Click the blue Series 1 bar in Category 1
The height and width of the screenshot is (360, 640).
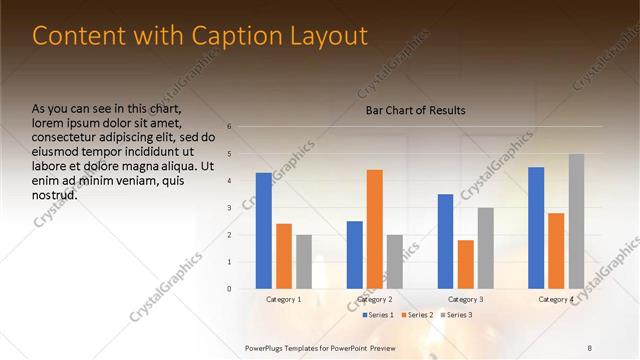click(x=263, y=231)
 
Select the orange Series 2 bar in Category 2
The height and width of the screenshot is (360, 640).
click(x=375, y=229)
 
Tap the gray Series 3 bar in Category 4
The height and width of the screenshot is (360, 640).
click(x=576, y=221)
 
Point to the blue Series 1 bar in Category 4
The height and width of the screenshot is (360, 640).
click(x=536, y=228)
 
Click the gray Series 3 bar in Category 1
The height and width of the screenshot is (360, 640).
click(x=304, y=262)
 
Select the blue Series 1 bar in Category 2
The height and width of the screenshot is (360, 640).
click(x=355, y=255)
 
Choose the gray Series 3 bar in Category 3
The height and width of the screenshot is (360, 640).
click(x=486, y=248)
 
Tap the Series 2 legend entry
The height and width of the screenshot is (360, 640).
click(x=418, y=315)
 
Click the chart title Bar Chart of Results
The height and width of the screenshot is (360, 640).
click(x=415, y=110)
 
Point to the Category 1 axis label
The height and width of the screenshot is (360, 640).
click(x=284, y=299)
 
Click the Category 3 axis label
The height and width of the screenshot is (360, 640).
click(x=466, y=299)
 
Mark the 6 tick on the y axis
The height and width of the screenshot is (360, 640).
click(x=230, y=127)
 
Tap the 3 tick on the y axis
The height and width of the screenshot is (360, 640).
click(x=230, y=208)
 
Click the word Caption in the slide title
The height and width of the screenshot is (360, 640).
click(x=226, y=36)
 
